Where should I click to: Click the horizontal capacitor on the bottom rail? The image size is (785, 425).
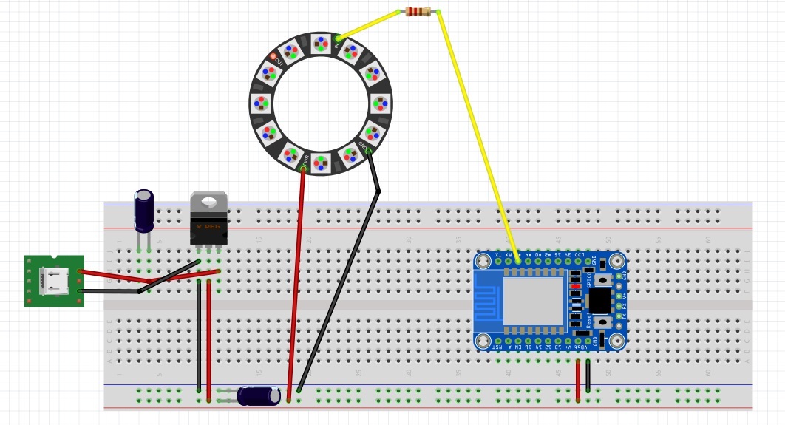click(258, 396)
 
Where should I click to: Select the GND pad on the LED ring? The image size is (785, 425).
click(364, 146)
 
